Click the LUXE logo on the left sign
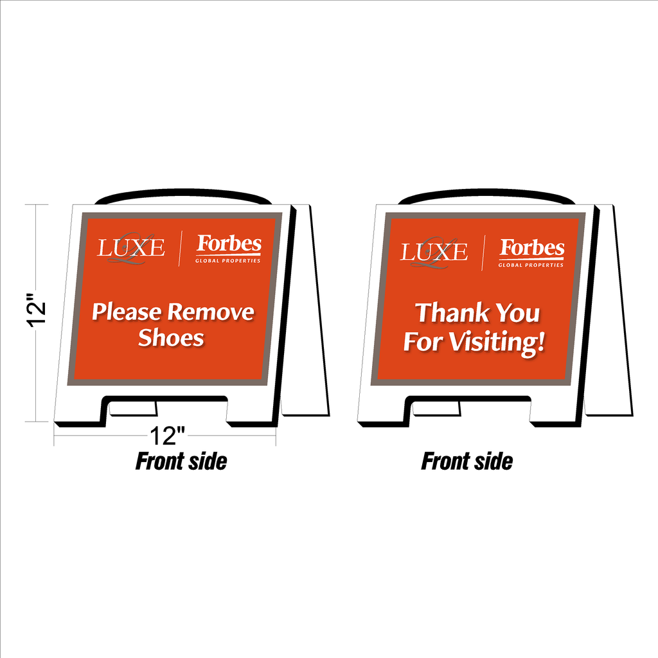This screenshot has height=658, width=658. pos(131,248)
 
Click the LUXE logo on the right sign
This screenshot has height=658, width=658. pos(434,252)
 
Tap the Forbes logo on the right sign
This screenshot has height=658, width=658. pos(531,253)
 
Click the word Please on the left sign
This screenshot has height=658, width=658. pos(127,313)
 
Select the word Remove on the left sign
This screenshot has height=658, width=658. pos(211,312)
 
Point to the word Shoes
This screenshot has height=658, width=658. pos(171,338)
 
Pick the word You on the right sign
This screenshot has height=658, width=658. pos(518,314)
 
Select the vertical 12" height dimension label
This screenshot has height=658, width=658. pos(37,310)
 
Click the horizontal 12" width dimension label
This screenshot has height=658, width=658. pos(167,436)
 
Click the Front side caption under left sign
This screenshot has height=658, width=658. pos(181,461)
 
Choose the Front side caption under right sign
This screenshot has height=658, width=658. pos(467,461)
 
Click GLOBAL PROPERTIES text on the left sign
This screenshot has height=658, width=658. pos(228,261)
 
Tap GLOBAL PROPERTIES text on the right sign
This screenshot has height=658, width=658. pos(531,265)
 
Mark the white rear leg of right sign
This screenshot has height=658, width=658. pos(609,310)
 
